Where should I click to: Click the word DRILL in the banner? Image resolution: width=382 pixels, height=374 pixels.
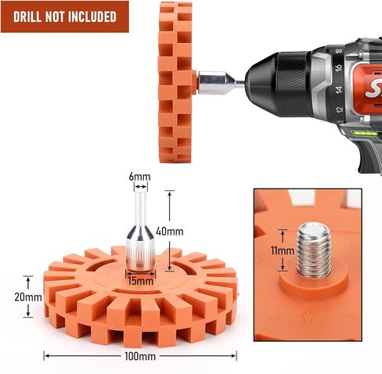[27, 16]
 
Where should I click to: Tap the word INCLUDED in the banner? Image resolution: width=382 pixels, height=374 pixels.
[92, 16]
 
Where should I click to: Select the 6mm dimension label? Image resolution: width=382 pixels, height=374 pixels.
[139, 177]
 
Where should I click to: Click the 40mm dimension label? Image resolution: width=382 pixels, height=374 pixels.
[170, 232]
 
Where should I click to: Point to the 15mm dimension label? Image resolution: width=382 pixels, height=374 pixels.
[141, 281]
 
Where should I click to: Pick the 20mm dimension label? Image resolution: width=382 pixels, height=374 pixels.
[28, 297]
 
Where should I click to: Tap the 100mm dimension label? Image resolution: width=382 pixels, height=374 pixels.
[140, 356]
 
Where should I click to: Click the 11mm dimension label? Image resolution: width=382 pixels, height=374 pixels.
[283, 250]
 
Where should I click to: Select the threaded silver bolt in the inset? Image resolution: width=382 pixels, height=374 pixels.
[314, 250]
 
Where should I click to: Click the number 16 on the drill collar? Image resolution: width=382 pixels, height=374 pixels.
[338, 68]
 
